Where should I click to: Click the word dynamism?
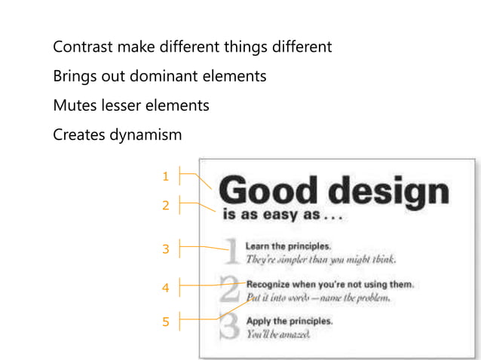click(x=144, y=136)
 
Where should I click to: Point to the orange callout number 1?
click(x=165, y=176)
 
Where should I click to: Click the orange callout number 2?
click(x=165, y=204)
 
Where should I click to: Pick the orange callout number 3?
click(x=165, y=249)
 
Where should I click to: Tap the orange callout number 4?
click(x=165, y=287)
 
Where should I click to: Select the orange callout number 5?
click(x=165, y=322)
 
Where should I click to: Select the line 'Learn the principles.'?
click(x=288, y=246)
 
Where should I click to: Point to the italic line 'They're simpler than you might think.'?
click(x=320, y=260)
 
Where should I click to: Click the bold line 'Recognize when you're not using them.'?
click(x=330, y=285)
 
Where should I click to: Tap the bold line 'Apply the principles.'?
click(x=289, y=322)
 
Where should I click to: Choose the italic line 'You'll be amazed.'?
click(x=277, y=334)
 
